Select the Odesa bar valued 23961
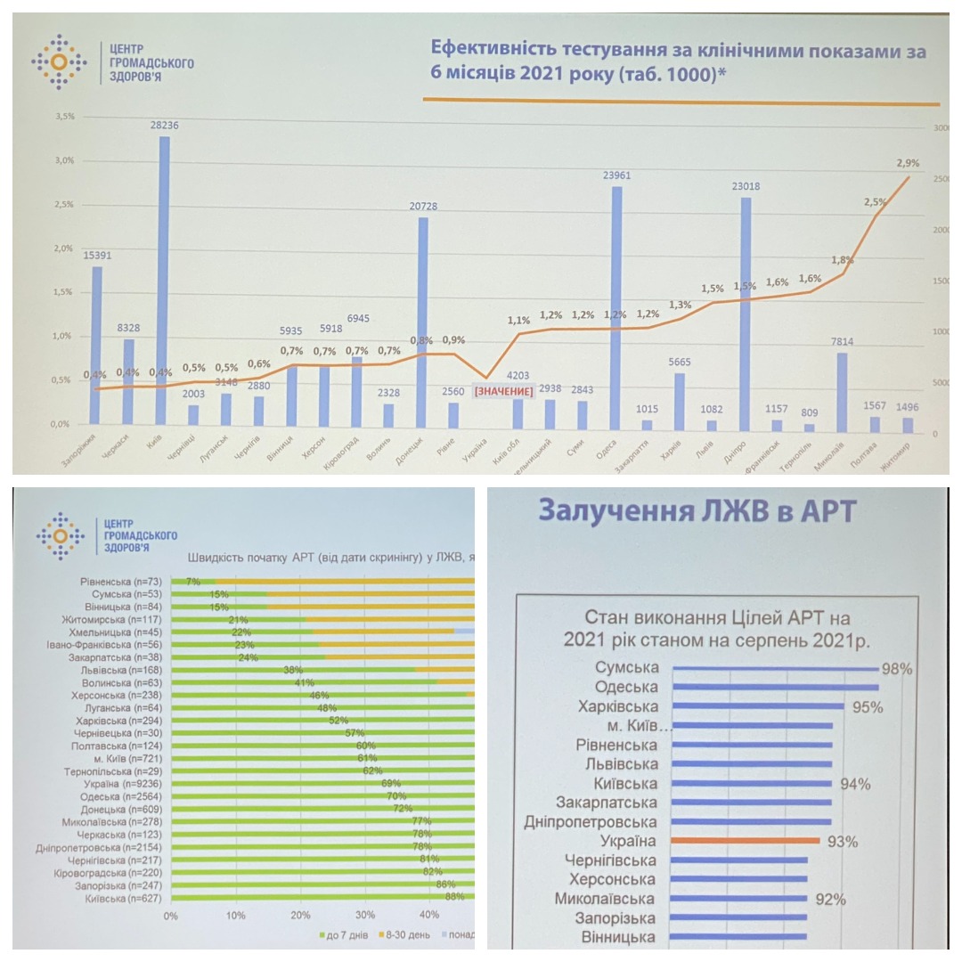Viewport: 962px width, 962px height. [x=616, y=307]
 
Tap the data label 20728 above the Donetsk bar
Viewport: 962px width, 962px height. [x=423, y=207]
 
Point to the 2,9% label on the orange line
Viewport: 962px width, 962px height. [x=908, y=164]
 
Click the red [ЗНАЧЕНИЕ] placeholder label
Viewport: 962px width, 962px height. [x=503, y=392]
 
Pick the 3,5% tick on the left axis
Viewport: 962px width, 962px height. [x=64, y=117]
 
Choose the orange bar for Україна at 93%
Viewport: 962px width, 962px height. [x=746, y=840]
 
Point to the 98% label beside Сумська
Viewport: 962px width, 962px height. [x=895, y=669]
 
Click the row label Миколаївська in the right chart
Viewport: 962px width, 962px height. [x=604, y=899]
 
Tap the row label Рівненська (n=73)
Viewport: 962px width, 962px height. [x=119, y=581]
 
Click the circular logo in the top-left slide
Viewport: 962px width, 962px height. [x=59, y=61]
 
